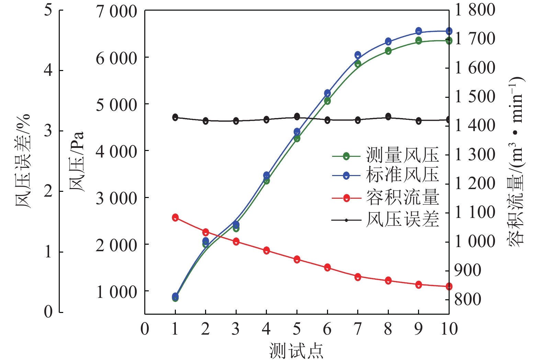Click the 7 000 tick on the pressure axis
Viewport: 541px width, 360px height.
click(x=116, y=12)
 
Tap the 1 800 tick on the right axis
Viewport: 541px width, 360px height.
click(x=475, y=10)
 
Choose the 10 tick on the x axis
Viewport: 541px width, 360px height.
click(x=449, y=329)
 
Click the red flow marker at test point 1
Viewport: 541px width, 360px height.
click(x=175, y=217)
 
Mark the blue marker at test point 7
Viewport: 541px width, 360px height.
click(x=358, y=55)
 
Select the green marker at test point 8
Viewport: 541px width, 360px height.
click(x=388, y=51)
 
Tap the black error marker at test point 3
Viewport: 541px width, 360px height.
click(x=236, y=121)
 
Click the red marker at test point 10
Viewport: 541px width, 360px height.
click(x=449, y=287)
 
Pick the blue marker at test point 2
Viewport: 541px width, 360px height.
click(x=205, y=241)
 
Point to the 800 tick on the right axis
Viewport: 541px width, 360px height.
click(x=467, y=299)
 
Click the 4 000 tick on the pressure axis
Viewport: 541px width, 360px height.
click(x=116, y=151)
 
